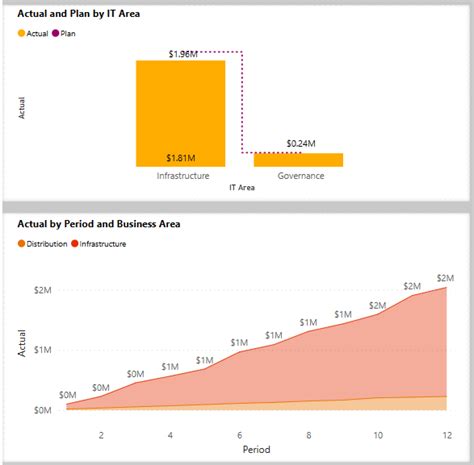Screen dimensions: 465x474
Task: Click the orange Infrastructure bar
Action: pos(182,110)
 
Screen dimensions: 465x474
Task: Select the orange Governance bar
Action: pos(298,159)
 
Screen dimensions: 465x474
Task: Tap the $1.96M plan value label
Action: pos(180,53)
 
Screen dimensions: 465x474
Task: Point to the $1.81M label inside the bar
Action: pos(182,158)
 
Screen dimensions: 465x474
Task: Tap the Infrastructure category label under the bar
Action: pos(183,176)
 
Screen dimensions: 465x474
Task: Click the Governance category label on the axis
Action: pos(301,176)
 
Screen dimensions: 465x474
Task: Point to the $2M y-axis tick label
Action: pos(43,289)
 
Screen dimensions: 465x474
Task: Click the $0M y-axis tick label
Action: pos(43,411)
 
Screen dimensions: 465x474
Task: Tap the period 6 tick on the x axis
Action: pos(240,435)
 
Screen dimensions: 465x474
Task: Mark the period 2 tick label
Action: pos(101,435)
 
